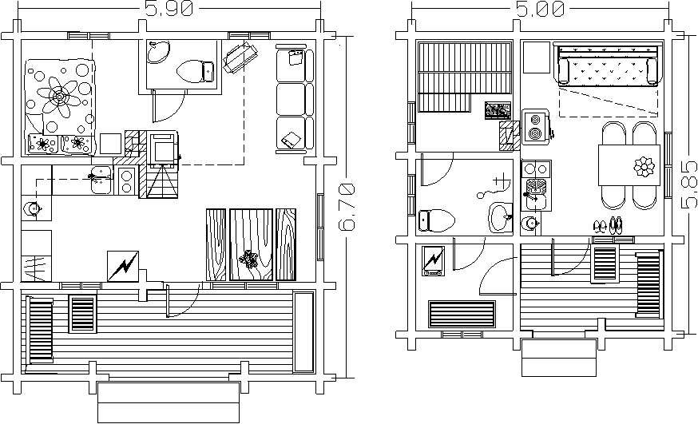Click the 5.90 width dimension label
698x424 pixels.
click(169, 9)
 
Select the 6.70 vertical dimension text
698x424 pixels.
click(347, 208)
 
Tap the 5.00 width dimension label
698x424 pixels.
click(541, 9)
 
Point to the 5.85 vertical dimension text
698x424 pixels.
click(689, 184)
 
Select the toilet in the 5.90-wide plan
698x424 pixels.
click(196, 71)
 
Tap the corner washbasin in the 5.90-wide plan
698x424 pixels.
click(159, 52)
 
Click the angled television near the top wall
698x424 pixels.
click(240, 57)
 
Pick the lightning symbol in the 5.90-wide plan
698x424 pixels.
click(123, 266)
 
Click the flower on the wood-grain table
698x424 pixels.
click(250, 259)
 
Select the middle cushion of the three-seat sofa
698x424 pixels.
click(292, 99)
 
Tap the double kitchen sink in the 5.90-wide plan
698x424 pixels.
click(101, 180)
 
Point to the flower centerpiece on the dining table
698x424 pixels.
click(644, 167)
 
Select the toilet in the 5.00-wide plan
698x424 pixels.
click(437, 220)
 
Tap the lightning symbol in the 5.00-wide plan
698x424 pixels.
click(433, 260)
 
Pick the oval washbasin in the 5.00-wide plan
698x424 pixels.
click(501, 217)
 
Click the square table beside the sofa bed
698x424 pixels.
click(537, 57)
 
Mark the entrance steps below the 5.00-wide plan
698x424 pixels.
click(559, 358)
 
